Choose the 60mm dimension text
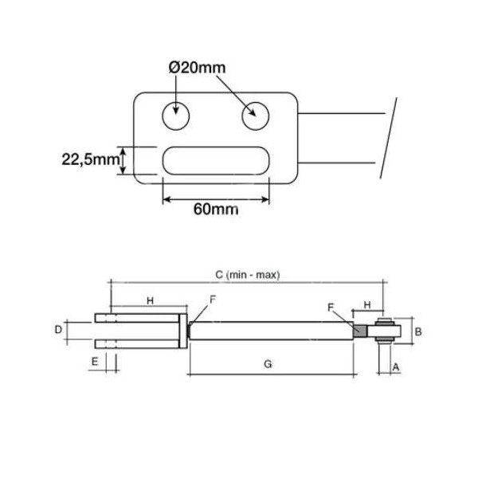click(216, 210)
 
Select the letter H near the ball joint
click(367, 304)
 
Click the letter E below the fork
click(95, 361)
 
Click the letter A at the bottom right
click(395, 367)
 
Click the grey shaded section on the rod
click(360, 330)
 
